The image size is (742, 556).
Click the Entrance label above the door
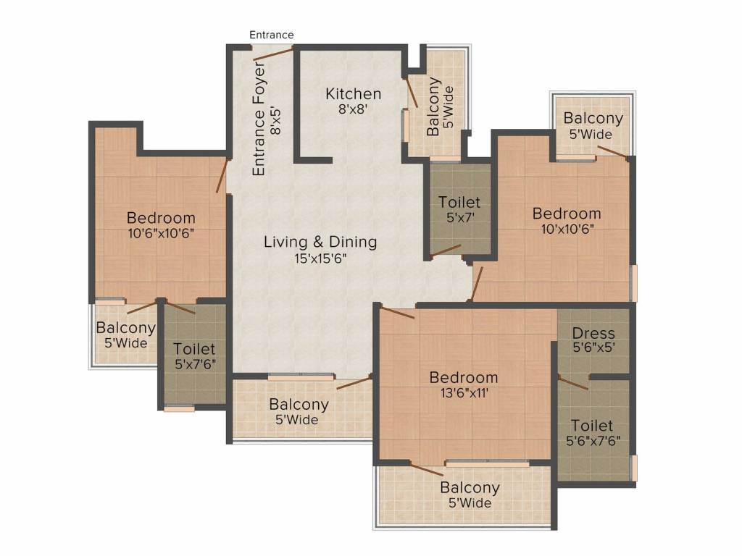point(271,35)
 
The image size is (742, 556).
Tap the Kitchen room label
point(353,93)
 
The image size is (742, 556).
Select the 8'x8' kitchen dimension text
point(353,109)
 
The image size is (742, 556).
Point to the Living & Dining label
point(320,242)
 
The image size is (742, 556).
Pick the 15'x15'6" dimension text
point(320,258)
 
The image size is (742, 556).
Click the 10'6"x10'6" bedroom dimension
point(162,233)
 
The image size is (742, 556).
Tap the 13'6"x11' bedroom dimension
point(464,393)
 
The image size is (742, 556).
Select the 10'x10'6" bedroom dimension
point(567,229)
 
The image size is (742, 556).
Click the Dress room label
point(593,333)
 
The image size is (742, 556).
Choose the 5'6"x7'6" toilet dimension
point(593,441)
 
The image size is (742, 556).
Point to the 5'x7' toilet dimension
point(460,217)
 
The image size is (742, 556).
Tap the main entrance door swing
point(273,54)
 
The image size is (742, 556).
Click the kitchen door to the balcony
point(410,92)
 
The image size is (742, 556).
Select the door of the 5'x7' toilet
point(446,251)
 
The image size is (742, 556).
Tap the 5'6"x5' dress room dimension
point(594,347)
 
